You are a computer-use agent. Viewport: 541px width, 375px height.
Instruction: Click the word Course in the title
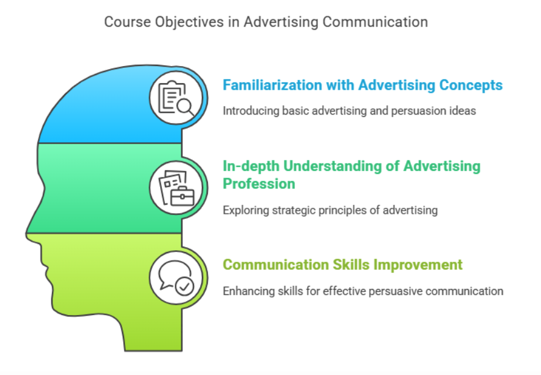coord(128,22)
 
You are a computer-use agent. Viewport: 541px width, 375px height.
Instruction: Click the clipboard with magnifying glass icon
coord(176,98)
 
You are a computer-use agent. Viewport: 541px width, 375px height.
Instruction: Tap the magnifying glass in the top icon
coord(186,107)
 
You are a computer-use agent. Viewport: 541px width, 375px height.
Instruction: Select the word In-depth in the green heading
coord(251,167)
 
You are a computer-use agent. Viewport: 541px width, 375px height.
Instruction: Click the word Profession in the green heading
coord(259,184)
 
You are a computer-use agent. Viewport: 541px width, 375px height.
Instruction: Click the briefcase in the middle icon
coord(183,197)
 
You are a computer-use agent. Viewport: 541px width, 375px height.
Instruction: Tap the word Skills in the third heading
coord(352,265)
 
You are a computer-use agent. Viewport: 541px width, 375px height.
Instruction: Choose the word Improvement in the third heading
coord(418,265)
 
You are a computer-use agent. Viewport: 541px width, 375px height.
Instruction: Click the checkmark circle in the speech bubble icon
coord(184,287)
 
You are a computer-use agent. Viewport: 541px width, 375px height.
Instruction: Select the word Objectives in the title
coord(189,22)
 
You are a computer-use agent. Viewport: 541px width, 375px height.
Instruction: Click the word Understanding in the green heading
coord(341,167)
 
